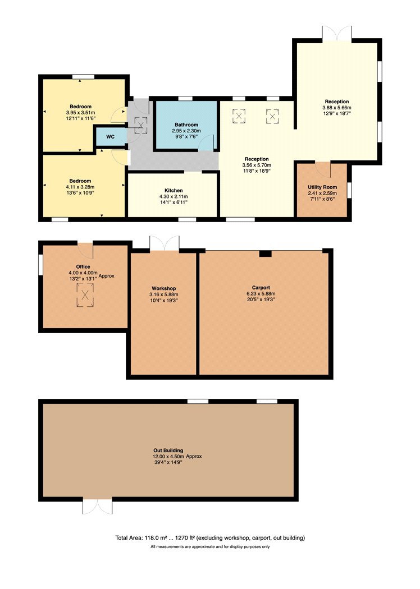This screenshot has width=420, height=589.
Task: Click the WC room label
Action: (110, 137)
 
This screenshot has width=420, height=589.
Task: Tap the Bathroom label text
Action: (186, 125)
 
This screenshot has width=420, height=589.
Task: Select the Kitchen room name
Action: (174, 191)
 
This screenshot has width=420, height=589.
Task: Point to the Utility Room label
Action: (322, 187)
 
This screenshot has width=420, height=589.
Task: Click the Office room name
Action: (83, 266)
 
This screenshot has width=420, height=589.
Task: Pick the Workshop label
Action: (163, 288)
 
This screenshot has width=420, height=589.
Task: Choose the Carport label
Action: (261, 288)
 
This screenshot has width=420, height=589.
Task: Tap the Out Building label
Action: (168, 450)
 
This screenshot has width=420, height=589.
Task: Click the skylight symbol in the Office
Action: (85, 295)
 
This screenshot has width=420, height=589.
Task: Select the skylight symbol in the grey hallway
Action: (141, 125)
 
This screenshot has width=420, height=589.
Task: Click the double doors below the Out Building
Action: (97, 507)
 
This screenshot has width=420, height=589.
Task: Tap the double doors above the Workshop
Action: (165, 243)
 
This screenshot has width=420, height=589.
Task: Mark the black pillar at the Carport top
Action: (266, 254)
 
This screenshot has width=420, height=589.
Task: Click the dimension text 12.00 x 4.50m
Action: (168, 457)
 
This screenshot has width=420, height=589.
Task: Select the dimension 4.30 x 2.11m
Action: (174, 196)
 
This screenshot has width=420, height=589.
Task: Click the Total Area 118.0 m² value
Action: (154, 538)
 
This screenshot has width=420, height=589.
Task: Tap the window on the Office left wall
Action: (40, 265)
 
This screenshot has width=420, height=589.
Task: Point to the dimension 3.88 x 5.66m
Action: (337, 108)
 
